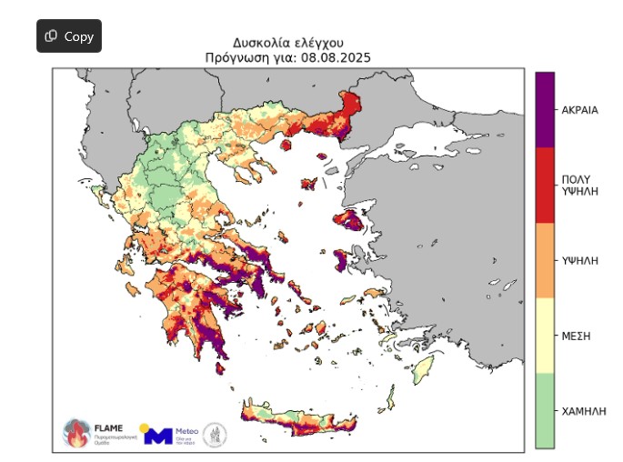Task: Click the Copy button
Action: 69,36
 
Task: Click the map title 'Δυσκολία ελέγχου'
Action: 287,43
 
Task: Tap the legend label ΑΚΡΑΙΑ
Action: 580,110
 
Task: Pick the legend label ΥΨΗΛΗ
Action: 580,260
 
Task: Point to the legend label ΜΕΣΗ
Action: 577,336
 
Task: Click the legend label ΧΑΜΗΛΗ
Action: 584,411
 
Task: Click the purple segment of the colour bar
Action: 544,109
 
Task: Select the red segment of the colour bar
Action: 544,185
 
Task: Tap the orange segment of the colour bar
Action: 544,260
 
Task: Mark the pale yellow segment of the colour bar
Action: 544,335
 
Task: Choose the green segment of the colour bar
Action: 544,410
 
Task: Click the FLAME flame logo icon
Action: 75,433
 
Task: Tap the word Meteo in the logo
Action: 186,429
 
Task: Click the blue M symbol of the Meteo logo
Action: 158,436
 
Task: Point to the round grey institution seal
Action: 215,434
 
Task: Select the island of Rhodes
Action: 420,369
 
